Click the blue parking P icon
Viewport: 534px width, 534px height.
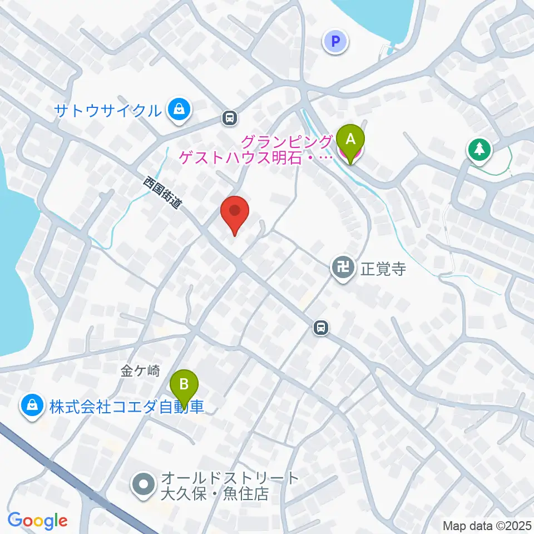pos(335,41)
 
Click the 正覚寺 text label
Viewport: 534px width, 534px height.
pos(383,269)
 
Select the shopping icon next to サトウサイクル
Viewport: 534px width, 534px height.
pos(179,110)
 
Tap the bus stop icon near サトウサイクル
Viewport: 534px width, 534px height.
pos(229,117)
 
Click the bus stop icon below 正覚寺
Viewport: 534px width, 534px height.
pos(320,328)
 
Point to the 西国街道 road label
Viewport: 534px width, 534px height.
pos(162,192)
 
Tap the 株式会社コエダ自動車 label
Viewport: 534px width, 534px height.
pos(127,407)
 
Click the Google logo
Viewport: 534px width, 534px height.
pos(37,521)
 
